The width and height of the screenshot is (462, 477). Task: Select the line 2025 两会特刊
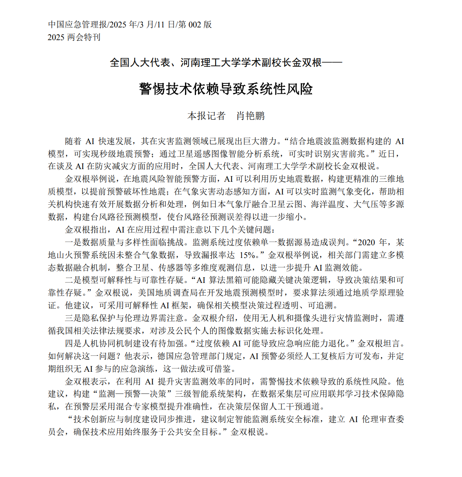(74, 37)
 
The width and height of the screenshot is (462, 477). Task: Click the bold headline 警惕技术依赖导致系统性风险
(226, 88)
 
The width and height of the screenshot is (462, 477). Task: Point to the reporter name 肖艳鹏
(250, 116)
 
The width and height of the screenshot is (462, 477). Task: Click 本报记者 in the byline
(206, 116)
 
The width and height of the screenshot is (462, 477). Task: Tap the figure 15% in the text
(247, 255)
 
